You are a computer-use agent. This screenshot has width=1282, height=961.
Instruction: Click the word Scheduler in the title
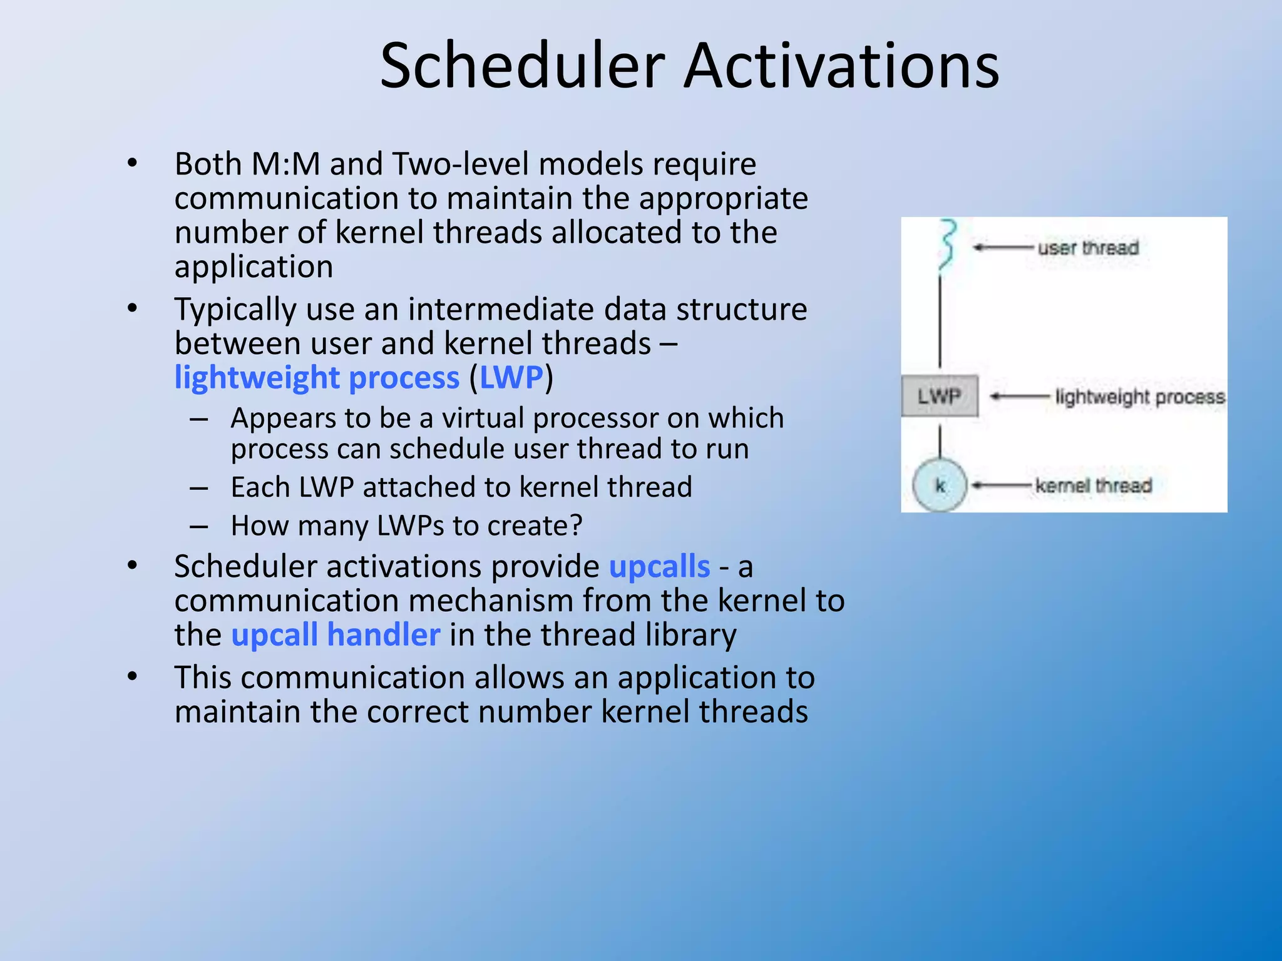click(522, 66)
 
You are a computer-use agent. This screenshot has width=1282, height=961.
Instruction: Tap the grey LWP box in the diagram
click(939, 396)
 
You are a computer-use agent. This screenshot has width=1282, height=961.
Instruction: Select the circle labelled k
click(940, 485)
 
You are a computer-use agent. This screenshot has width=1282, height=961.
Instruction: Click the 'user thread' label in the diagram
click(1088, 248)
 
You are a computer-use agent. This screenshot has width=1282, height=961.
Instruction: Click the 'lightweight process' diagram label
click(1139, 397)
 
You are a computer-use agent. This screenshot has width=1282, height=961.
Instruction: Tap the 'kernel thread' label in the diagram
click(1093, 486)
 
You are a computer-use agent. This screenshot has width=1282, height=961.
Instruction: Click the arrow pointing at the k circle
click(1002, 486)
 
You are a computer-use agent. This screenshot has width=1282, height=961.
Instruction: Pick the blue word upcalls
click(659, 567)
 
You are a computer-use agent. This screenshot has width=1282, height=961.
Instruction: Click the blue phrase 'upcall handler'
click(336, 635)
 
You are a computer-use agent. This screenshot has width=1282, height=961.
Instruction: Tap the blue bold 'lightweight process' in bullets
click(317, 378)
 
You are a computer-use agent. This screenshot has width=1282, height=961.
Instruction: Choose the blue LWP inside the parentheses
click(511, 378)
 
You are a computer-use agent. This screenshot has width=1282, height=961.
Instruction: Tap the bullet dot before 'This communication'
click(132, 677)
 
